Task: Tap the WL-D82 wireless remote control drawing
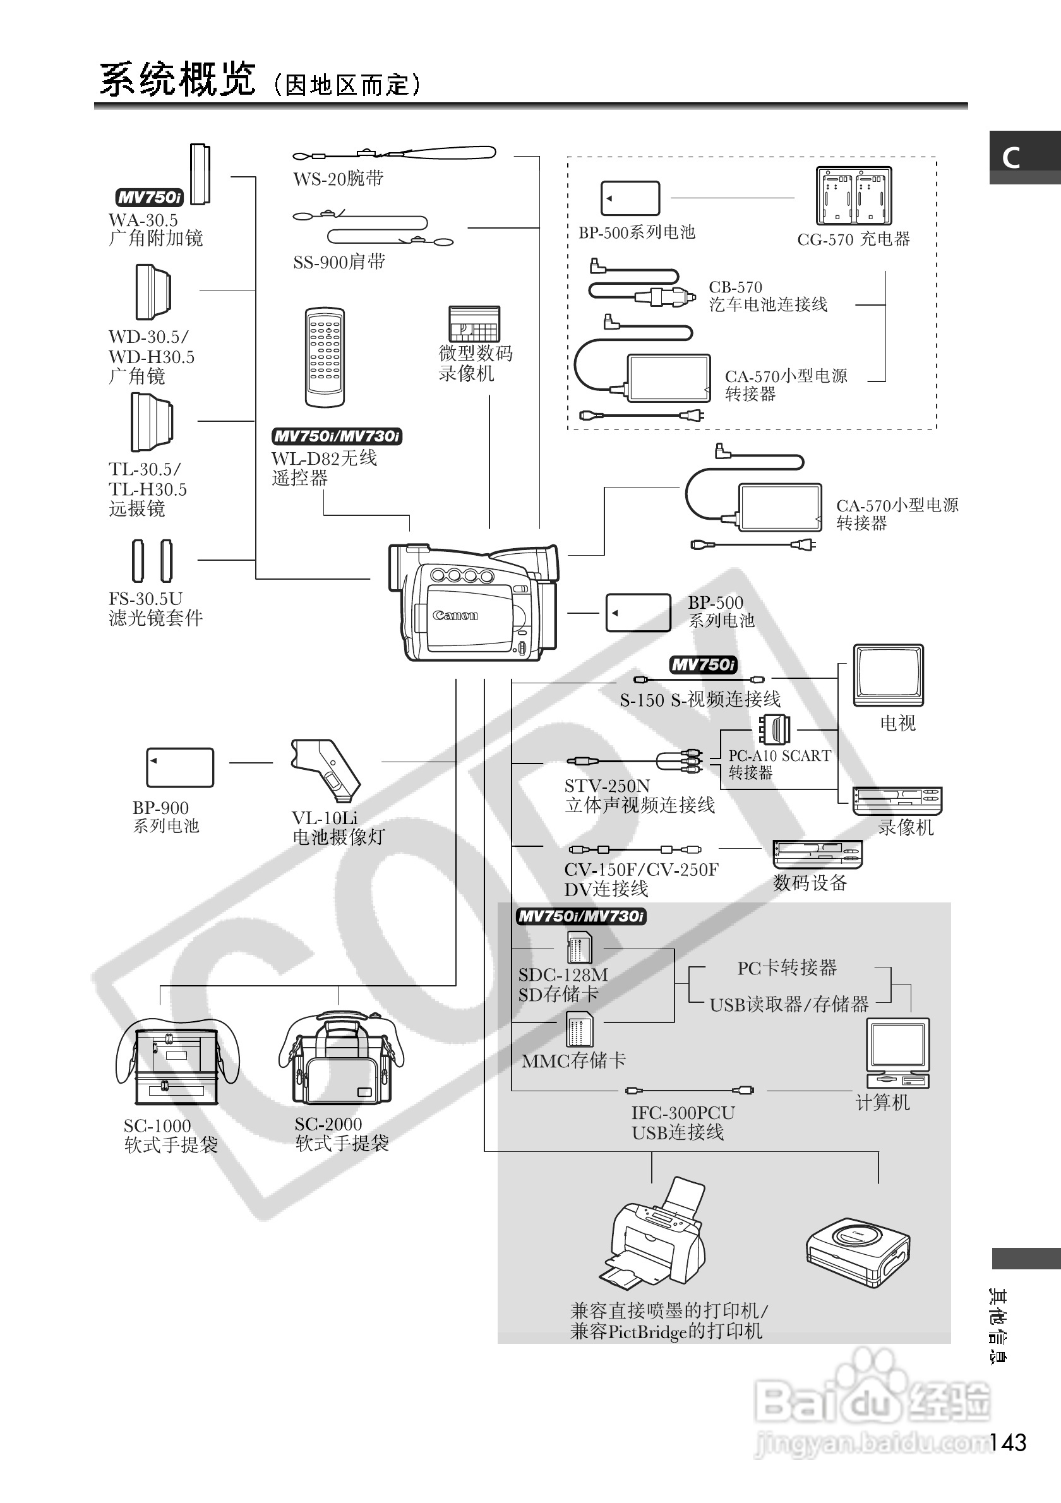pyautogui.click(x=325, y=357)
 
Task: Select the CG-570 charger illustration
pyautogui.click(x=853, y=196)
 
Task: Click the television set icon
pyautogui.click(x=888, y=675)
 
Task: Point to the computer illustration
pyautogui.click(x=897, y=1053)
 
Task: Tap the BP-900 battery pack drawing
pyautogui.click(x=180, y=767)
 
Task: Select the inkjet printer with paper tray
pyautogui.click(x=654, y=1233)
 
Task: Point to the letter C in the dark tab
pyautogui.click(x=1011, y=158)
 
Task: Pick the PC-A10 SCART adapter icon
pyautogui.click(x=774, y=729)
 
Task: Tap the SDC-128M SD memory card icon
pyautogui.click(x=578, y=947)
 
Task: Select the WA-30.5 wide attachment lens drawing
pyautogui.click(x=200, y=174)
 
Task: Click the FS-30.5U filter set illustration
pyautogui.click(x=152, y=561)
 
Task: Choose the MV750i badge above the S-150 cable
pyautogui.click(x=703, y=665)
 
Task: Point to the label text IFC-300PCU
pyautogui.click(x=682, y=1112)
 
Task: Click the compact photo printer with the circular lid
pyautogui.click(x=858, y=1252)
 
